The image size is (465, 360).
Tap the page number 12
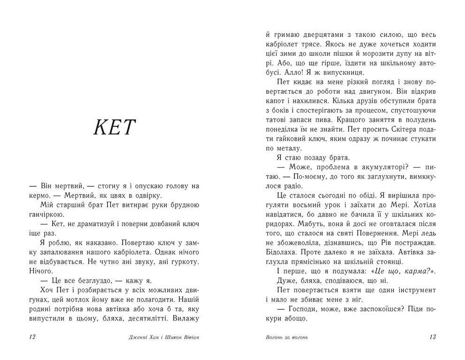tap(32, 337)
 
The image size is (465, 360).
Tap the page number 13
tap(433, 337)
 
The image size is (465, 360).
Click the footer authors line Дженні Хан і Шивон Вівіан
tap(163, 337)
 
